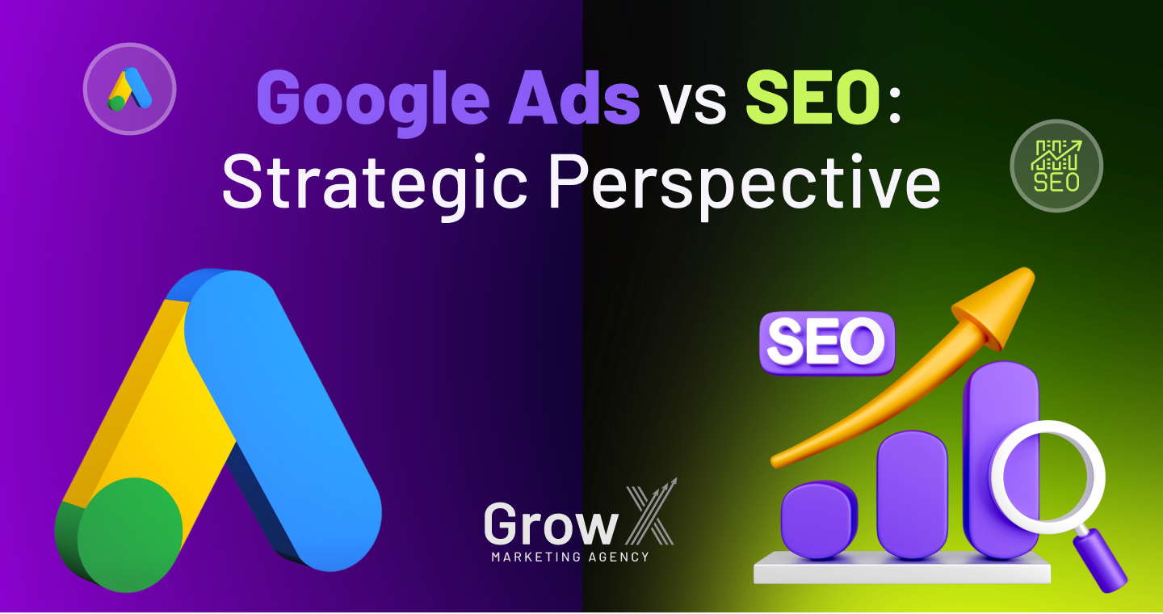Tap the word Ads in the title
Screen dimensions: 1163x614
(573, 97)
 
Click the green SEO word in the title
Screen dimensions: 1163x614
(813, 97)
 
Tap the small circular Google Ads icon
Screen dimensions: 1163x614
(130, 89)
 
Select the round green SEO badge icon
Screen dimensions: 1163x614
(1056, 166)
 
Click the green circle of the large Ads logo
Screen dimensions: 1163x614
(130, 535)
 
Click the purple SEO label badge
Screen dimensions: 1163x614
(827, 343)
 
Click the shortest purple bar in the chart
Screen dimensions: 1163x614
(819, 519)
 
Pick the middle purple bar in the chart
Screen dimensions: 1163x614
(913, 494)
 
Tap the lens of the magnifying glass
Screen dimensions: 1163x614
(1048, 477)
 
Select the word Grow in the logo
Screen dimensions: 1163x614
(551, 524)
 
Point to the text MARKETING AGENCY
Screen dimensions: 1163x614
(570, 557)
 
